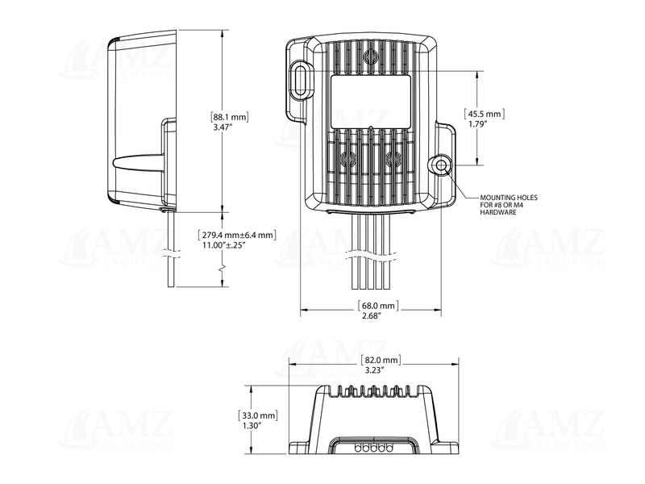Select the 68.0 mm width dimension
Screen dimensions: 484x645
tap(377, 306)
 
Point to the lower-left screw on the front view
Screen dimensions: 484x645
tap(348, 160)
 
